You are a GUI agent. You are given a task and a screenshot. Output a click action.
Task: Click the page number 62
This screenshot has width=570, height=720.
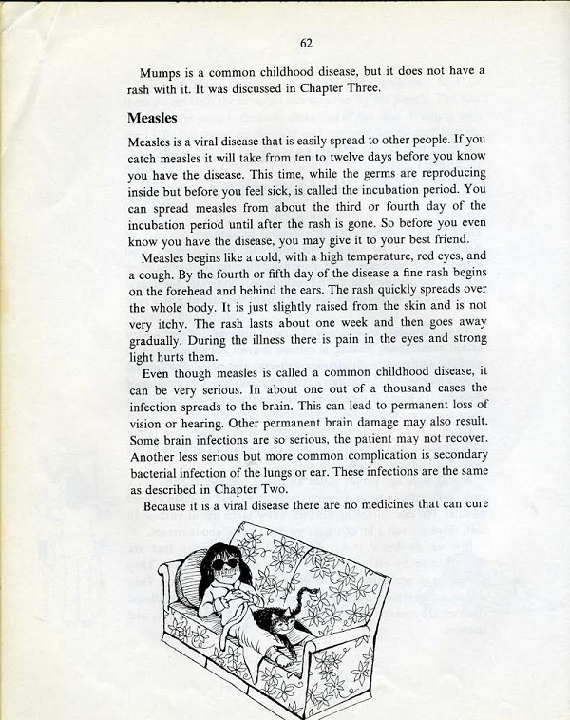click(x=306, y=43)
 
